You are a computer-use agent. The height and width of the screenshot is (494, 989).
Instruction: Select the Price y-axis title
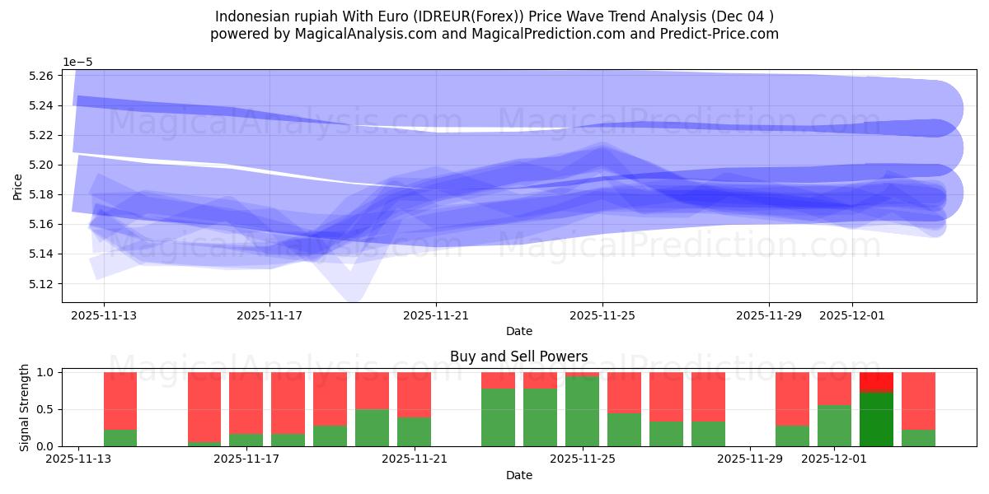point(17,186)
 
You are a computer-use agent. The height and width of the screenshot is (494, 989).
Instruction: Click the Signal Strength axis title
point(24,408)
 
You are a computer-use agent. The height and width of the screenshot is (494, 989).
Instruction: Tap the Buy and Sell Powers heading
point(518,357)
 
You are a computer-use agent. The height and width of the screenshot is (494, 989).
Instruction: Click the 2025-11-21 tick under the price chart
point(436,315)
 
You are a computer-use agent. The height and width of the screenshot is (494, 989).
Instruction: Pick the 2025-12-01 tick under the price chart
point(852,315)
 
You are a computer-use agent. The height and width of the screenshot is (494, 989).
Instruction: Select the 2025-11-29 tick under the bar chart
point(751,459)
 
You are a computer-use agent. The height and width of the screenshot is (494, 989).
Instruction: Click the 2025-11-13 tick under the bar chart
point(78,459)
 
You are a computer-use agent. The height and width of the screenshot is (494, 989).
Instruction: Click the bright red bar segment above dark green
point(876,382)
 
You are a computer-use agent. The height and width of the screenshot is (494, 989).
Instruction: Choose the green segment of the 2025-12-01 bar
point(834,426)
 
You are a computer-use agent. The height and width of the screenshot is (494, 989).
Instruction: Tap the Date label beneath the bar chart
point(518,475)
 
